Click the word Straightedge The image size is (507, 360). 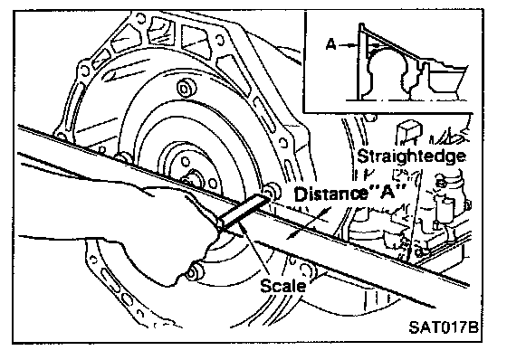pos(412,156)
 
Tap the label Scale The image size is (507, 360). pos(283,286)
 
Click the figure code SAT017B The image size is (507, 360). pos(444,327)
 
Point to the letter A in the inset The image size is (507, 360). pos(330,44)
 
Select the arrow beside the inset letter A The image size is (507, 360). pos(349,45)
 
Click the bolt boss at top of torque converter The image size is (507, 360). pos(187,87)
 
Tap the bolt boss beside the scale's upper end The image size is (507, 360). pos(273,192)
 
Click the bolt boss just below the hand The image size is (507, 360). pos(194,272)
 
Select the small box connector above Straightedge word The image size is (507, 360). pos(409,131)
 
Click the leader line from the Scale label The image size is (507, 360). pos(258,253)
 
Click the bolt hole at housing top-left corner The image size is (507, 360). pos(139,18)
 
